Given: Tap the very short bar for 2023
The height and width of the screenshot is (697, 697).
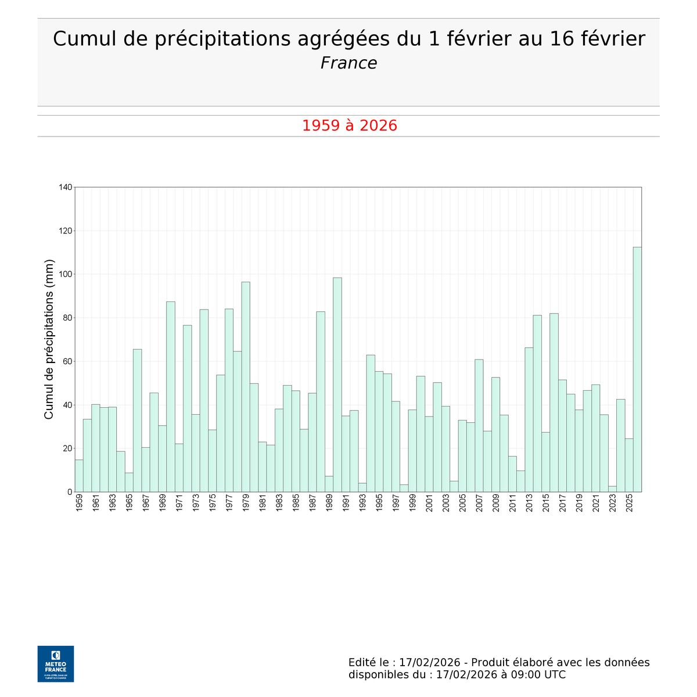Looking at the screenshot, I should (x=612, y=488).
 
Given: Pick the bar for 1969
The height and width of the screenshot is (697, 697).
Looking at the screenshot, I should (x=162, y=458).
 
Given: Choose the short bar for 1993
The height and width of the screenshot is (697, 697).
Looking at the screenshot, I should (x=362, y=487).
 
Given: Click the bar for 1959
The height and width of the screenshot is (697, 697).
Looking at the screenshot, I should (x=79, y=476).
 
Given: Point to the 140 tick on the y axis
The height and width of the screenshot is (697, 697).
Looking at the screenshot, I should (x=65, y=187).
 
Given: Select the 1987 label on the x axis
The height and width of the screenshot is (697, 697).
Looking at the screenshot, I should (x=312, y=504).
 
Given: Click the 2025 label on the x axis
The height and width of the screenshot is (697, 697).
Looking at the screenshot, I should (x=629, y=504).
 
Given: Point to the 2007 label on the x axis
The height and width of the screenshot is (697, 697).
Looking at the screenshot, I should (x=479, y=504).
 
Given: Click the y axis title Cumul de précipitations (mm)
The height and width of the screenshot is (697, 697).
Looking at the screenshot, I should (x=49, y=339).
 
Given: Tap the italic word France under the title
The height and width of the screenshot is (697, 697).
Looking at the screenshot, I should (x=348, y=63).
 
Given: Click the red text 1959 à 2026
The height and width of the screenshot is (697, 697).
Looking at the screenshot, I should (x=349, y=125).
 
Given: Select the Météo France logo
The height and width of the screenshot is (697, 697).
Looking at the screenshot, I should (x=56, y=663).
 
